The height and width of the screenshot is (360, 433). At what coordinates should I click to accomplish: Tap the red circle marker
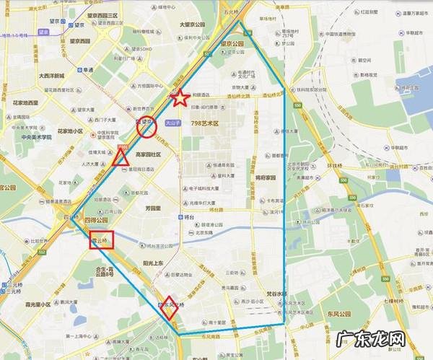(x=147, y=127)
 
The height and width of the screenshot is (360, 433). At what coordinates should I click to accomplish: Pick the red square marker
(x=101, y=240)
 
